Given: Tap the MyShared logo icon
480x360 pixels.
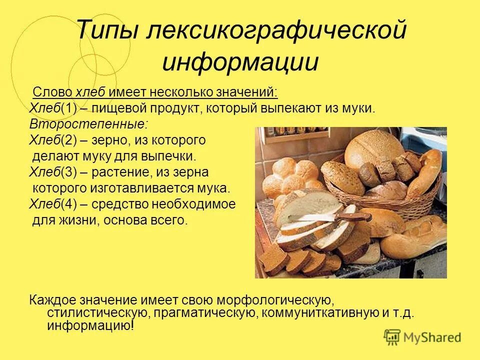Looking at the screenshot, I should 392,337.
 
